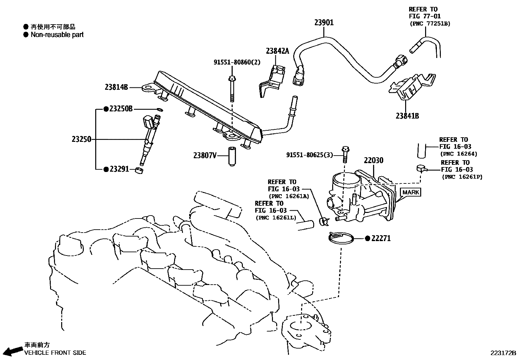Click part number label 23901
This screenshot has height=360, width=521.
tap(324, 22)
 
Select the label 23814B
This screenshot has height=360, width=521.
tap(116, 87)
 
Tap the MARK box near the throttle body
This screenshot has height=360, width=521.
tap(410, 192)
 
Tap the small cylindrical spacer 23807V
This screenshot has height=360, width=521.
tap(232, 157)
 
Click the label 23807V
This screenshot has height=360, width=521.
tap(205, 155)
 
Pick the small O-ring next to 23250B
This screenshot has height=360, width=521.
tap(160, 109)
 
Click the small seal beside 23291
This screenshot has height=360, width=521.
tap(139, 170)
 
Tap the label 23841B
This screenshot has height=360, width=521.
tap(407, 116)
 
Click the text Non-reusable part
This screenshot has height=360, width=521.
tap(57, 35)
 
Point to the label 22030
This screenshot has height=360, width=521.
tap(373, 160)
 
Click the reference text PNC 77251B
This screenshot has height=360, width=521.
tap(430, 24)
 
